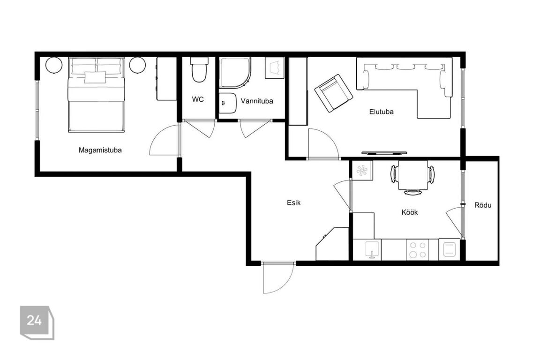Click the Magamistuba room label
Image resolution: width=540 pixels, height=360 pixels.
coord(100,150)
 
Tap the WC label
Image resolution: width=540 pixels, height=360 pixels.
coord(198,99)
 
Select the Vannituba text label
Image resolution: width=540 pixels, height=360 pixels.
coord(257,101)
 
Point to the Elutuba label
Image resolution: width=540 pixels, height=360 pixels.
coord(381,112)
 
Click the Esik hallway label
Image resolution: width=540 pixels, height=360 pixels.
coord(294,202)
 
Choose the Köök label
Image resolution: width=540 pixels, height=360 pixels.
coord(410,212)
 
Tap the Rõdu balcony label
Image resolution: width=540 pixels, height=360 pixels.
coord(483,205)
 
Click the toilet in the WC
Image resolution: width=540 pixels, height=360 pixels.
coord(199,69)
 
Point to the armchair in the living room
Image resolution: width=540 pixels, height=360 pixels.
coord(333,93)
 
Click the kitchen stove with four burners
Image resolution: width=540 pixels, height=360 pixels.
coord(417,250)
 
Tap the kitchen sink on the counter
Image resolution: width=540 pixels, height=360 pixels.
coord(372,250)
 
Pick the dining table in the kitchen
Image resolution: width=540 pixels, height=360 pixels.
coord(413,175)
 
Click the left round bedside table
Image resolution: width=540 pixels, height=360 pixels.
coord(54,65)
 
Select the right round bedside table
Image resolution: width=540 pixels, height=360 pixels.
coord(137,65)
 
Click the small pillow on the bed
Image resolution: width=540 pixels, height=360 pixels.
coord(96,77)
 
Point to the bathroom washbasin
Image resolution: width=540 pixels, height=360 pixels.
coord(228,103)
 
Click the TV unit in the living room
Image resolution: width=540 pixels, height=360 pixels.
coord(384,152)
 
